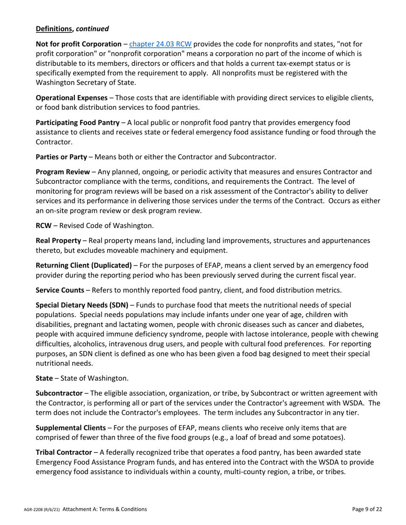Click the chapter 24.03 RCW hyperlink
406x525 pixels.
pyautogui.click(x=160, y=44)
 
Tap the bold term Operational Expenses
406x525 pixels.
pyautogui.click(x=71, y=98)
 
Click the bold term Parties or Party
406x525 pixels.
pyautogui.click(x=61, y=157)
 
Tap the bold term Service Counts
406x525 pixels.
pyautogui.click(x=59, y=290)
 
